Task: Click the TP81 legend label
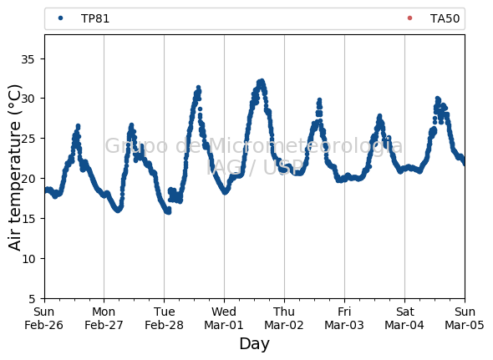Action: pos(95,18)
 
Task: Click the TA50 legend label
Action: pos(445,18)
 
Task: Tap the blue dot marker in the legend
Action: pos(61,18)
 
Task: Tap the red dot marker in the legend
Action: pos(409,18)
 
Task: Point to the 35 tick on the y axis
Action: pos(28,59)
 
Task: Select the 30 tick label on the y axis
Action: pos(28,99)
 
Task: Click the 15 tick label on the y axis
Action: pos(28,219)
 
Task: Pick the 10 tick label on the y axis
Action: pos(28,259)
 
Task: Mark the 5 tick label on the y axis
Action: pos(32,299)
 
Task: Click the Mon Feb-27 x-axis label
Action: pos(104,318)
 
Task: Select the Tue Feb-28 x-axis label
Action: pos(164,318)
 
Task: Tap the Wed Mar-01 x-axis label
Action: pos(224,318)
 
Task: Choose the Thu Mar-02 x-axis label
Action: pos(284,318)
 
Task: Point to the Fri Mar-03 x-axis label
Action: pos(344,318)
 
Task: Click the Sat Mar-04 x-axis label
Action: pos(404,318)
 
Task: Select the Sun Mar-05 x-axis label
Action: pos(465,318)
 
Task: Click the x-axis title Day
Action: pos(254,343)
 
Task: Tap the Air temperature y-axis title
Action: pos(14,167)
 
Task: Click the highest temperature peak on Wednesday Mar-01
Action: pos(261,81)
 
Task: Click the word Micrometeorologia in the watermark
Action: pos(305,145)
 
